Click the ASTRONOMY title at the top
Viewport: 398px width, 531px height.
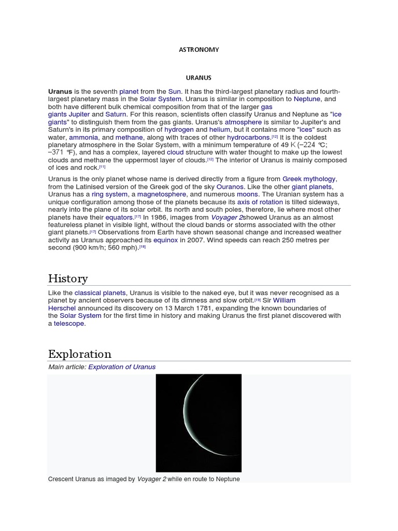point(199,50)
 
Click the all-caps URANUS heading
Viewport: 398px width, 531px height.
point(199,78)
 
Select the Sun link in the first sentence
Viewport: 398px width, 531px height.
point(175,91)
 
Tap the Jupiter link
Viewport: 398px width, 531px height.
point(79,114)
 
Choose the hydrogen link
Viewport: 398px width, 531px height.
point(179,130)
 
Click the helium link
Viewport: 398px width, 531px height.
point(220,130)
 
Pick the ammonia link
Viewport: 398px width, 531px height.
point(83,137)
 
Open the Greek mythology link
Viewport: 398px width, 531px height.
point(309,179)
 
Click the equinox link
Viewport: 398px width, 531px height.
point(165,241)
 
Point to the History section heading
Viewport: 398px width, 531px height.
point(68,278)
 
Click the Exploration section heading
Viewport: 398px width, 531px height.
point(80,354)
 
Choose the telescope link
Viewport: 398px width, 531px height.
point(69,324)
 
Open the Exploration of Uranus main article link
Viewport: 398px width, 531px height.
point(122,367)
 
